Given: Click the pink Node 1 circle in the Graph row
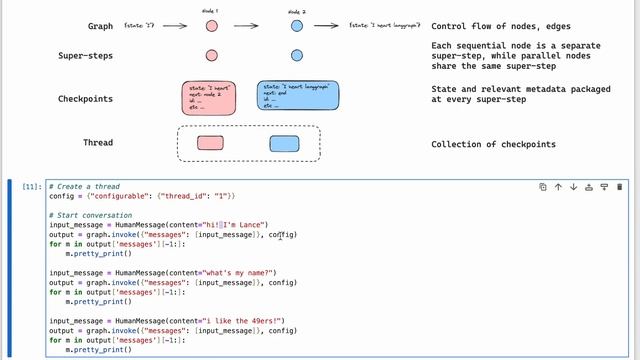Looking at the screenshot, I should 212,24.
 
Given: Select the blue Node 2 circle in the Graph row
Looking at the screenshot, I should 297,24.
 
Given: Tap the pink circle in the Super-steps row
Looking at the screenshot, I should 212,55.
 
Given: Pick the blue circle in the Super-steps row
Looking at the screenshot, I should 297,55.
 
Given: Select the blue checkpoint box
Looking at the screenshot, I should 297,98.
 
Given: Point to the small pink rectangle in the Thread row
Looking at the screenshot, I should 211,144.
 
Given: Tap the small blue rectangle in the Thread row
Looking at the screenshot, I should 285,144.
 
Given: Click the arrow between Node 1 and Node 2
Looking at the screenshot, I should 254,24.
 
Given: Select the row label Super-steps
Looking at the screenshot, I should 85,56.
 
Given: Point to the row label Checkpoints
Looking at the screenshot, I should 85,99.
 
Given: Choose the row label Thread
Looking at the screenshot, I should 97,144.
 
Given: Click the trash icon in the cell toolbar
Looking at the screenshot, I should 620,187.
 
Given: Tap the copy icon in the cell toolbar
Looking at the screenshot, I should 543,187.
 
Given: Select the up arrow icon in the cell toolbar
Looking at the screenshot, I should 558,187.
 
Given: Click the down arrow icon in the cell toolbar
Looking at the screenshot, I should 573,187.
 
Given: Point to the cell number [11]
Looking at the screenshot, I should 31,187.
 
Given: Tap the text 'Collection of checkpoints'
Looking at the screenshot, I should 493,145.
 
